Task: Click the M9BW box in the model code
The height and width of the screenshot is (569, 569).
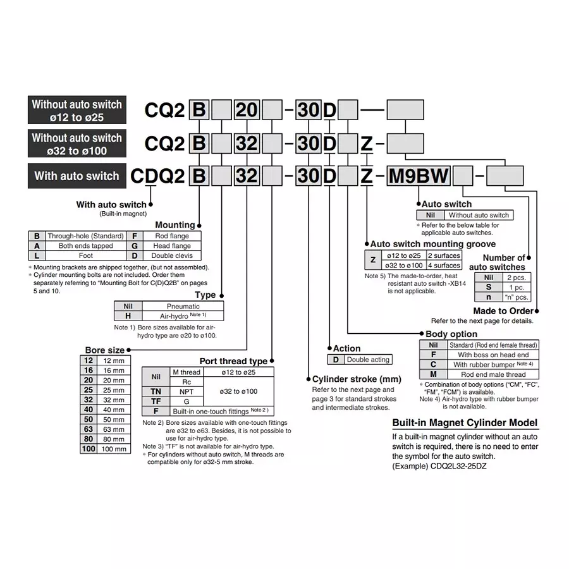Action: (418, 176)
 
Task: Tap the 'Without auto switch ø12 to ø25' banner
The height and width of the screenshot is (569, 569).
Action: (76, 111)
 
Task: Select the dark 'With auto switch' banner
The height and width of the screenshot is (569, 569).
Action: (76, 176)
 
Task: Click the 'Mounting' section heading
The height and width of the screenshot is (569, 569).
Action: (175, 225)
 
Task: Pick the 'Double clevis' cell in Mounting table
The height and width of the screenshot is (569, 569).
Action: (171, 256)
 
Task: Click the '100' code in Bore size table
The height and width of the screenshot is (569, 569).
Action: (88, 449)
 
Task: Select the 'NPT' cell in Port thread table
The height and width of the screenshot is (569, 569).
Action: (186, 392)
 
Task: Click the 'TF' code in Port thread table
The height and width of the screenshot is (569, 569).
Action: (156, 401)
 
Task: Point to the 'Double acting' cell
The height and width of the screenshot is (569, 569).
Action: (368, 360)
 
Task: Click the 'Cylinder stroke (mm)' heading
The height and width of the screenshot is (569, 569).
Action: (357, 379)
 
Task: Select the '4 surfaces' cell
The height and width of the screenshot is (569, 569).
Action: (444, 266)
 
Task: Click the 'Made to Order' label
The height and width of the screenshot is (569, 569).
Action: (503, 311)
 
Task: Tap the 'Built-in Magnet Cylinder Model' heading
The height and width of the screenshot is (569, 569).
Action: (465, 423)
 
